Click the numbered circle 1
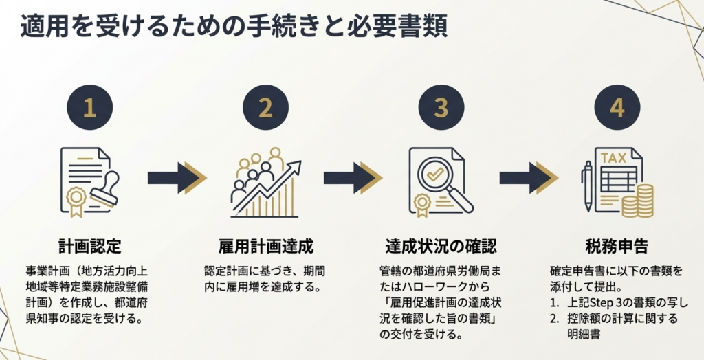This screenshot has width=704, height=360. pyautogui.click(x=89, y=109)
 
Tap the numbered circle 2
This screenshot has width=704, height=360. pyautogui.click(x=265, y=109)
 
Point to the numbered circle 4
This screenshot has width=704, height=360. pyautogui.click(x=617, y=109)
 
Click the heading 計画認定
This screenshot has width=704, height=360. pyautogui.click(x=89, y=246)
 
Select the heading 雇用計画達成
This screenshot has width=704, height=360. pyautogui.click(x=265, y=246)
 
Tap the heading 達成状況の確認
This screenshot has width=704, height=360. pyautogui.click(x=441, y=246)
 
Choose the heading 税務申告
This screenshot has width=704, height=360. pyautogui.click(x=617, y=246)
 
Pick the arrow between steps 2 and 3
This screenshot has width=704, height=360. pyautogui.click(x=353, y=178)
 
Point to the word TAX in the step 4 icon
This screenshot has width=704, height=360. pyautogui.click(x=613, y=158)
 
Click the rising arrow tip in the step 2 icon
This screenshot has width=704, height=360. pyautogui.click(x=298, y=165)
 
